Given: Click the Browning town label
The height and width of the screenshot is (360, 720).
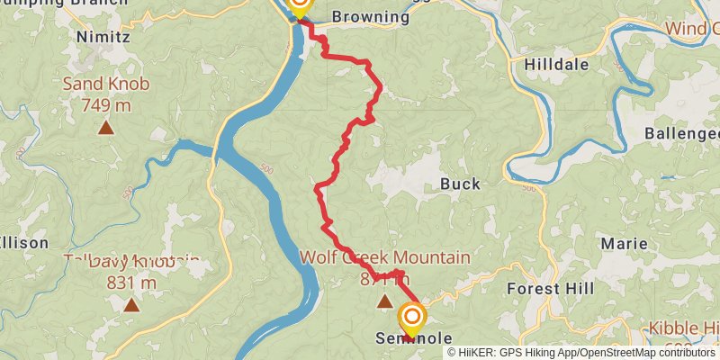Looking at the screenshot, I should [364, 15].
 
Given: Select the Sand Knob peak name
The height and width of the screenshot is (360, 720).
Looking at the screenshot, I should [105, 85].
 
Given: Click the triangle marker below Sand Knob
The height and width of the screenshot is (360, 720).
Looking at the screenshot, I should [106, 128].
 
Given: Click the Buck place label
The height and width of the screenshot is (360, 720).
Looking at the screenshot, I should [460, 184].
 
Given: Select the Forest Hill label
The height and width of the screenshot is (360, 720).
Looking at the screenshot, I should [550, 289].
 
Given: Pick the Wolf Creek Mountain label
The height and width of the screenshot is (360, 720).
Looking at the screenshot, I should [384, 258].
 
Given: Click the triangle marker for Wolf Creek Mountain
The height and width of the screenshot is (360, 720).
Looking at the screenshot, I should [385, 301].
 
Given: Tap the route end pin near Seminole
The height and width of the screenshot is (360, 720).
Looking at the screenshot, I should [412, 318].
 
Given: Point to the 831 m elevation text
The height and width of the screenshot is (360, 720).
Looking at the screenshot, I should [131, 283].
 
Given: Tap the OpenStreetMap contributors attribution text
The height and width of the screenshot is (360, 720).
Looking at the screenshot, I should [649, 352].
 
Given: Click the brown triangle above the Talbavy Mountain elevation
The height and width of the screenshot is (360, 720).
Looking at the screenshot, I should [131, 305].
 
